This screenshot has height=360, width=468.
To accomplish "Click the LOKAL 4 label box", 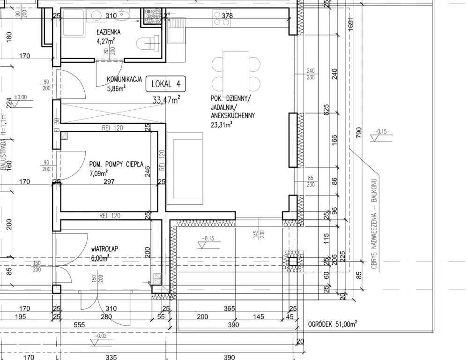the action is [x=166, y=84].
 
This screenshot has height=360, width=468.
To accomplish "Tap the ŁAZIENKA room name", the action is [x=108, y=32].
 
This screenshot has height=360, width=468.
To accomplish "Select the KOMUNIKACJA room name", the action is [x=124, y=80].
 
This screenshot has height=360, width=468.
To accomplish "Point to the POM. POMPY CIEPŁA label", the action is [x=116, y=165].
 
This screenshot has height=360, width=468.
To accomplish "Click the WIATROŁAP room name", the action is [x=104, y=249].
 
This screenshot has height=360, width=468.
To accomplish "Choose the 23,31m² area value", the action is [x=222, y=125].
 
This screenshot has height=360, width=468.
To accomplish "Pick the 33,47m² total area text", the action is [x=166, y=99].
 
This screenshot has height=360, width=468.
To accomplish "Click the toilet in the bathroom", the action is [x=148, y=43].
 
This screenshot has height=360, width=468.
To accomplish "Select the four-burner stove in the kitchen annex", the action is [x=153, y=16].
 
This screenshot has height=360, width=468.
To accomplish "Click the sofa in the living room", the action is [x=185, y=169].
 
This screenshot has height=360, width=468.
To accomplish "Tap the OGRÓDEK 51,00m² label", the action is [x=333, y=324].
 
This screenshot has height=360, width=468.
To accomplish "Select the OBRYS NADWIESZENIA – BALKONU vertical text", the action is [x=374, y=224].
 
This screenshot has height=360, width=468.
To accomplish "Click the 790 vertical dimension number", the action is [x=359, y=132].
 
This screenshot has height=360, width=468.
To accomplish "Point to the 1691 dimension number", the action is [x=351, y=23].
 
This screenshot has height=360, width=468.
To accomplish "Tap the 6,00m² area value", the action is [x=100, y=258].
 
